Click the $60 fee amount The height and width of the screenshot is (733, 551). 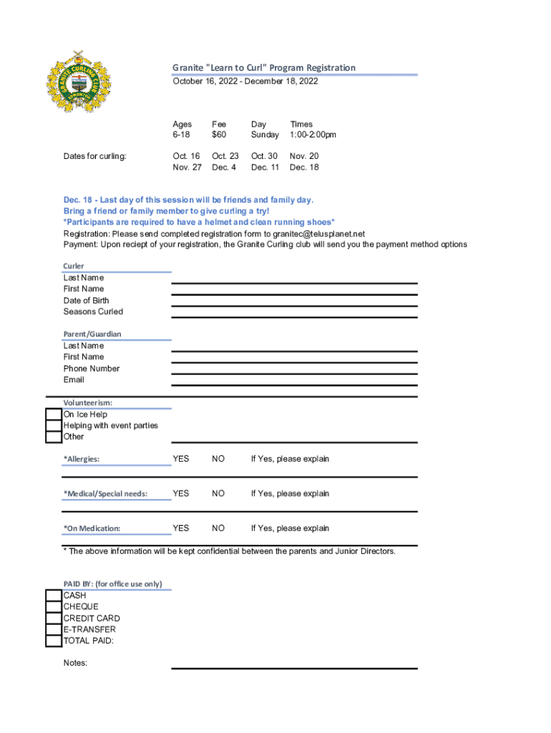click(x=218, y=135)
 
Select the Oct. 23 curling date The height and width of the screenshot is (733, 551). click(x=225, y=156)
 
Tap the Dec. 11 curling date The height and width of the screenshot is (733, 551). click(x=265, y=168)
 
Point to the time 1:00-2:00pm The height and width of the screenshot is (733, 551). click(x=313, y=135)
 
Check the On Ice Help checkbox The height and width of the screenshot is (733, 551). click(x=54, y=414)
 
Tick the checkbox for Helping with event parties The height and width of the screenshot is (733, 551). click(x=54, y=426)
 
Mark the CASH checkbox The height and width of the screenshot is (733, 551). click(x=54, y=596)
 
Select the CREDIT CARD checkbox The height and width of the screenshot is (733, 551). click(x=54, y=618)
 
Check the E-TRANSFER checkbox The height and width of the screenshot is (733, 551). click(x=54, y=630)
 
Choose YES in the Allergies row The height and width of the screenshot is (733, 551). click(x=181, y=459)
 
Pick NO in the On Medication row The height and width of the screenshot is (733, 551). click(x=218, y=528)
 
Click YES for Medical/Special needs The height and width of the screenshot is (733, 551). click(x=181, y=493)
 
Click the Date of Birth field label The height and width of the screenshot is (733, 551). click(x=86, y=301)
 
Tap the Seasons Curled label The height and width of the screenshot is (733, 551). click(x=93, y=312)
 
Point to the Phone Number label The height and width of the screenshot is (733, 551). click(x=92, y=369)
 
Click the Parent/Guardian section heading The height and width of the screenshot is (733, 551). click(x=92, y=334)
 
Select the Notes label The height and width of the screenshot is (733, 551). click(x=75, y=664)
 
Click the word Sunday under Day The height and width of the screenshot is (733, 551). click(x=265, y=135)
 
